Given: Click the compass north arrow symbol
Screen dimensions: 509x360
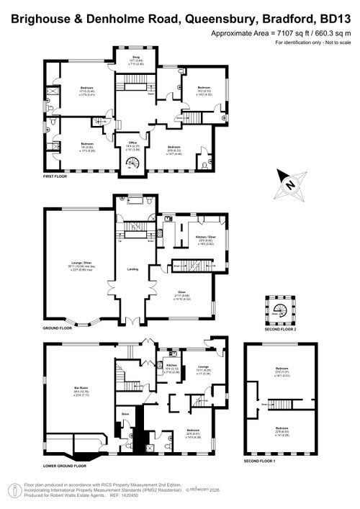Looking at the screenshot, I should (x=291, y=184).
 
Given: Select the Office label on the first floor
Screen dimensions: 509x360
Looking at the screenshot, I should (x=132, y=143).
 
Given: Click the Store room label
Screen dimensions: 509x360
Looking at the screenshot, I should (x=124, y=414).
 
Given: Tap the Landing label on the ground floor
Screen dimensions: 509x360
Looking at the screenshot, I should (x=132, y=270).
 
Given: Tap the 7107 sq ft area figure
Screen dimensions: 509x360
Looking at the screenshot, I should (x=285, y=34).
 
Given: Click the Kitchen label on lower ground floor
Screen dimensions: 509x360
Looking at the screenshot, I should (x=171, y=353).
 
